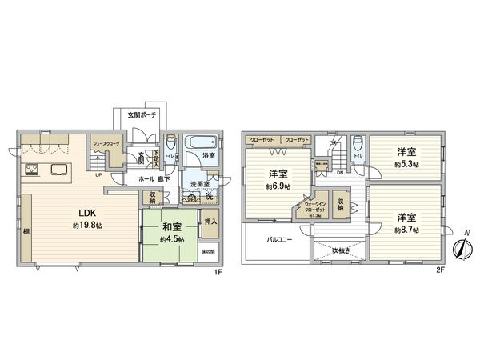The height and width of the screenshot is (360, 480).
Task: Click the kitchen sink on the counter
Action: point(59,170)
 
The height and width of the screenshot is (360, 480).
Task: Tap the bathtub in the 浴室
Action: point(195,142)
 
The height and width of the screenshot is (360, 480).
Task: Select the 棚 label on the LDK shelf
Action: point(26,230)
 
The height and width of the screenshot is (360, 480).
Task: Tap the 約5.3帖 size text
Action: point(406,164)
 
